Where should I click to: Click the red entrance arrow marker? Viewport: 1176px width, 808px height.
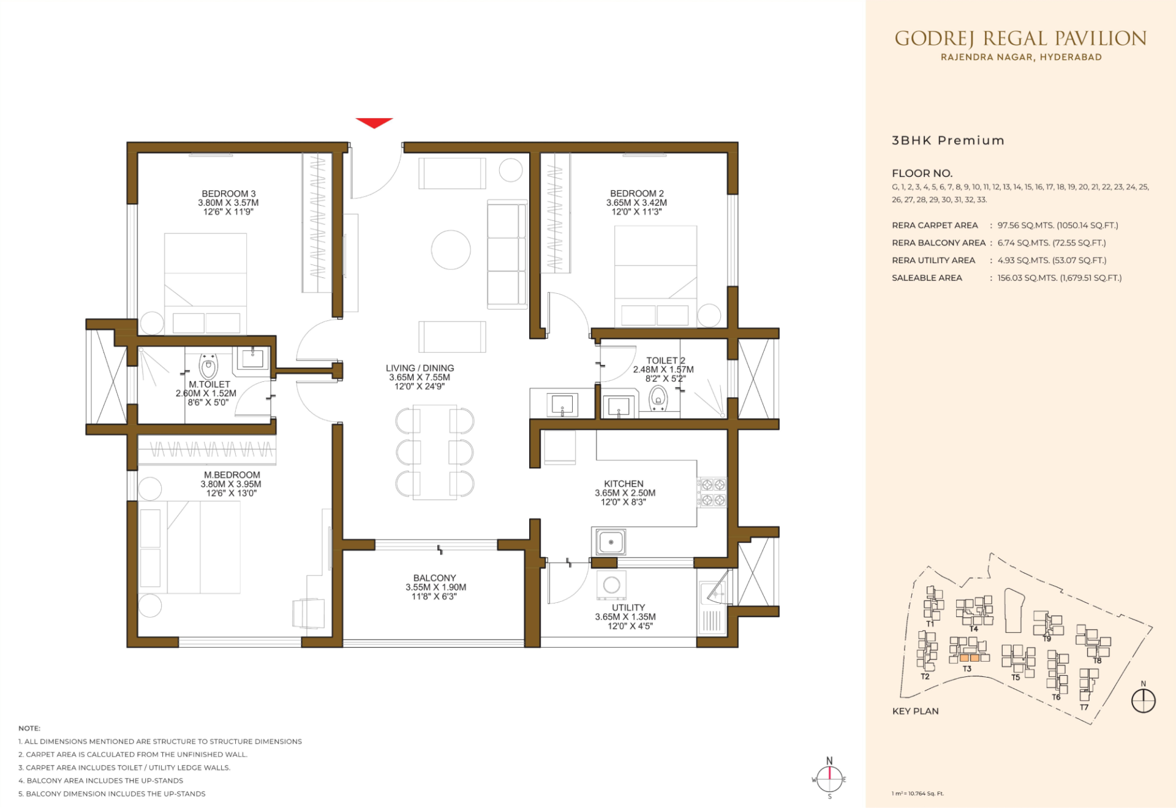click(x=374, y=122)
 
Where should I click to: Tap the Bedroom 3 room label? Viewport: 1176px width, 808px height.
click(x=228, y=193)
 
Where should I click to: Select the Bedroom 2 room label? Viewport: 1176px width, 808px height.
click(x=637, y=193)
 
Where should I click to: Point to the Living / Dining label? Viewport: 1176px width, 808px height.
click(x=420, y=368)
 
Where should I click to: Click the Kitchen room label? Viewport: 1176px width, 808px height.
click(x=624, y=484)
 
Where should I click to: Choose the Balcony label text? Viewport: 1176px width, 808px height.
click(x=435, y=578)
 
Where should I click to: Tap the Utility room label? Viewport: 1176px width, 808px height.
click(x=628, y=608)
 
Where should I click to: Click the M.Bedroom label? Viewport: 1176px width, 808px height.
click(x=232, y=475)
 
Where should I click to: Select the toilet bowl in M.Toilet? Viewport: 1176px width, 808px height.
click(x=208, y=367)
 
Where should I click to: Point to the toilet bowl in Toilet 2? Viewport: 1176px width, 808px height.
click(x=658, y=398)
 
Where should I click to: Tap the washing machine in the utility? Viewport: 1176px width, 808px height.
click(x=611, y=585)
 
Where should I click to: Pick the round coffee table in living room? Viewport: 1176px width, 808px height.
click(x=451, y=250)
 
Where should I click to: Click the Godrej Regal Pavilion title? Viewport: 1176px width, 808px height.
click(x=1020, y=39)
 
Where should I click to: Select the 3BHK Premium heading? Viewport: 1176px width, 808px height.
click(x=948, y=140)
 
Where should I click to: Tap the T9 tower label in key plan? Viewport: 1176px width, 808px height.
click(x=1047, y=638)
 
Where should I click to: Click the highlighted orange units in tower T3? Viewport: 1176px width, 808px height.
click(x=970, y=658)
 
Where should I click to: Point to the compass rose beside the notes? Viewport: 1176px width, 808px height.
click(x=829, y=779)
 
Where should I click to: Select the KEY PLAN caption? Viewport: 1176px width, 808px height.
click(x=915, y=711)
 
